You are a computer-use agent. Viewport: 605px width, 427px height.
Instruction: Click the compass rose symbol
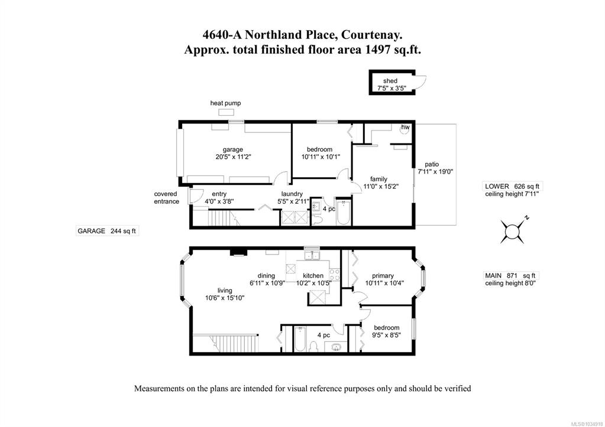(x=513, y=232)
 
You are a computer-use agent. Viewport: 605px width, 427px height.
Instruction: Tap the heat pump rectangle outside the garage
(x=226, y=112)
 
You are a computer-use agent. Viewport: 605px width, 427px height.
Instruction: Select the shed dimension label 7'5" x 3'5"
(x=390, y=88)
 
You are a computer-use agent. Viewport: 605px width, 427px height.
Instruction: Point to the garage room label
(x=232, y=149)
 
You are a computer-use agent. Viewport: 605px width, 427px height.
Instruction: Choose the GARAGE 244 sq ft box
(x=107, y=232)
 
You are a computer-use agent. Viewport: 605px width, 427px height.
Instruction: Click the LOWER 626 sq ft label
(x=513, y=187)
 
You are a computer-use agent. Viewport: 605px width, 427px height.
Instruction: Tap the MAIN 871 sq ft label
(x=510, y=276)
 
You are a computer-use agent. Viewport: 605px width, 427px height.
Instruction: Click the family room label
(x=378, y=179)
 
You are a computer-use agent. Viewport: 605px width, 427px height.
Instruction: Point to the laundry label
(x=292, y=194)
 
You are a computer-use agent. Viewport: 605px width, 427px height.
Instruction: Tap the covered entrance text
(x=166, y=198)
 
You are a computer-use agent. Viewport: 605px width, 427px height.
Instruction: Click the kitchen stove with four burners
(x=335, y=275)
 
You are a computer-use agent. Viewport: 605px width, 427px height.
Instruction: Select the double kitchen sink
(x=312, y=255)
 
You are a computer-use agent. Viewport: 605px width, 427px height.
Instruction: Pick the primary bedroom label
(x=383, y=276)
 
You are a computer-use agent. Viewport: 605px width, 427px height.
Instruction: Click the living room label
(x=225, y=291)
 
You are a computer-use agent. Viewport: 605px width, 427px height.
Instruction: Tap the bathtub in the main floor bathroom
(x=300, y=339)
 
